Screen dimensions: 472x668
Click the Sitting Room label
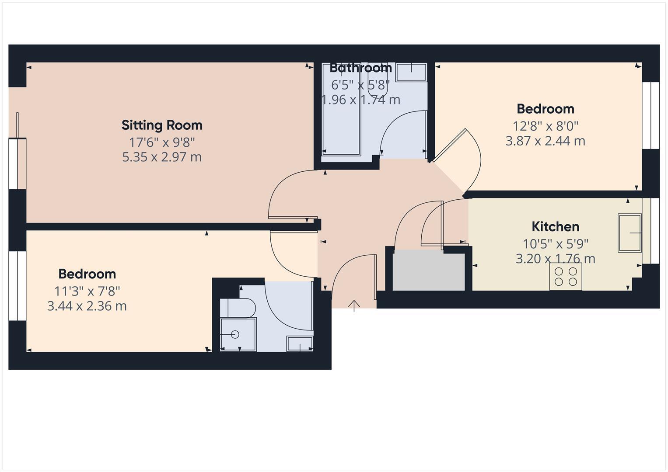[162, 125]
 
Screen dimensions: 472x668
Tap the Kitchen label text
[555, 227]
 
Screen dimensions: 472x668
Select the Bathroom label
[360, 68]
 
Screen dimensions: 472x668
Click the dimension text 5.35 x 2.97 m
[162, 157]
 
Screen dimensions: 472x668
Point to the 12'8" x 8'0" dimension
[545, 126]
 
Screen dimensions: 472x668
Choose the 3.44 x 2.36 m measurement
[87, 306]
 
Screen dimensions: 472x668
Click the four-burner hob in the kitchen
[566, 277]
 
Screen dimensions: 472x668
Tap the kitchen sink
[630, 233]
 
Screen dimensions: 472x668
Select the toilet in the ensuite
[238, 308]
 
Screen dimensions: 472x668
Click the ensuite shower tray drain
[235, 335]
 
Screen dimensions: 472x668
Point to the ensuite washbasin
[300, 344]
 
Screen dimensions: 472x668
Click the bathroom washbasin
[411, 72]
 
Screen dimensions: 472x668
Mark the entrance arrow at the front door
[354, 305]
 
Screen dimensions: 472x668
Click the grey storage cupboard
[428, 271]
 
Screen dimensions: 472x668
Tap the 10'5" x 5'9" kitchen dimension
[555, 243]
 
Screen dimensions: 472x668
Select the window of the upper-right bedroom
[654, 115]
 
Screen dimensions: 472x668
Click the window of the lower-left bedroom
[18, 286]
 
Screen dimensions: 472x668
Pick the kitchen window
[655, 231]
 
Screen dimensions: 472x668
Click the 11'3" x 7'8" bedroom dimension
[87, 291]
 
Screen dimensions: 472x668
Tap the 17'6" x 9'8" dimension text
[162, 142]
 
